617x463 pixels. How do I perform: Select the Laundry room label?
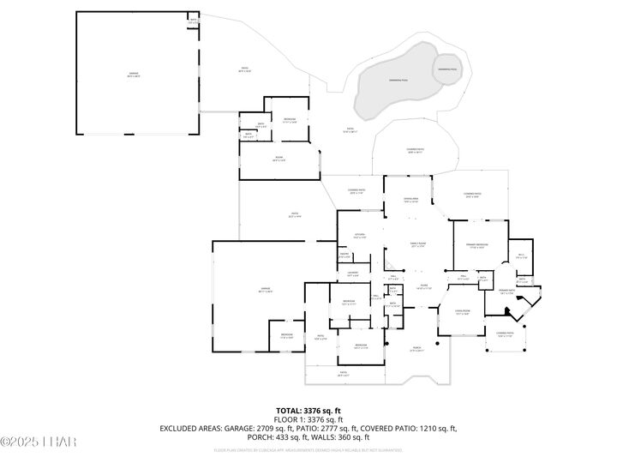pyautogui.click(x=352, y=274)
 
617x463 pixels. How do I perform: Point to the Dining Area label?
pyautogui.click(x=410, y=201)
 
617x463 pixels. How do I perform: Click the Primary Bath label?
pyautogui.click(x=506, y=292)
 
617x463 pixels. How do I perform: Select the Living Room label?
pyautogui.click(x=463, y=312)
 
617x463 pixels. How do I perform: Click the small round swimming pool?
pyautogui.click(x=447, y=69)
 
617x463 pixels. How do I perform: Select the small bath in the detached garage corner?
pyautogui.click(x=193, y=21)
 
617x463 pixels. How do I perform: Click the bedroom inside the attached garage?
pyautogui.click(x=286, y=336)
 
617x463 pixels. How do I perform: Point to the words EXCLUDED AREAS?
pyautogui.click(x=190, y=428)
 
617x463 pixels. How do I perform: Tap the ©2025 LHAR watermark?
pyautogui.click(x=39, y=442)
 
